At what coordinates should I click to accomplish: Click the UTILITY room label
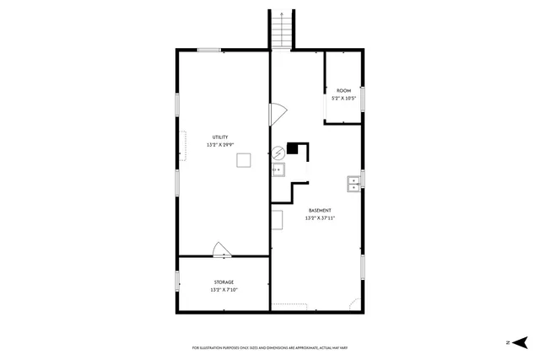[x=219, y=137]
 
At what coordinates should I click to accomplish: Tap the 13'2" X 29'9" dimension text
[x=219, y=145]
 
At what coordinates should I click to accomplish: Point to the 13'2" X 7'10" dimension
[x=224, y=290]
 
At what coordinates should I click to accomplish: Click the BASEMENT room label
[x=320, y=210]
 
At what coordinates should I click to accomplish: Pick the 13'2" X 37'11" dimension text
[x=320, y=218]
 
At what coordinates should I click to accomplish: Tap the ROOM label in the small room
[x=343, y=90]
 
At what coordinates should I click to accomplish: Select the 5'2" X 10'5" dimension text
[x=343, y=99]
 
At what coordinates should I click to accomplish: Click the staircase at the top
[x=282, y=30]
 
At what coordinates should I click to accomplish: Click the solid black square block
[x=293, y=148]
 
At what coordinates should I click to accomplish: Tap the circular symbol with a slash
[x=278, y=153]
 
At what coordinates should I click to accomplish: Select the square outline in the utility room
[x=244, y=160]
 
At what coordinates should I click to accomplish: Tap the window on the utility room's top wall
[x=209, y=51]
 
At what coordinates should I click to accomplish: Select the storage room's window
[x=177, y=282]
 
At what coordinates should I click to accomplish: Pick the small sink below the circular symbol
[x=278, y=171]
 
